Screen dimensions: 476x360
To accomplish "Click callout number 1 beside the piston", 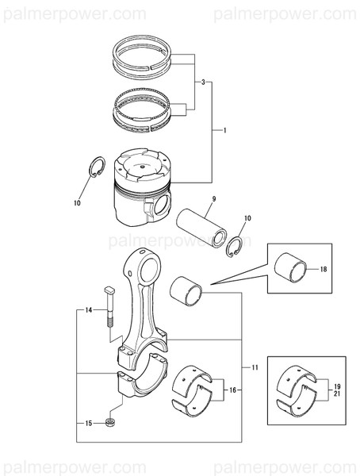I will pos(227,129).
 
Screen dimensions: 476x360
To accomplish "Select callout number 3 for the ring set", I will pos(203,83).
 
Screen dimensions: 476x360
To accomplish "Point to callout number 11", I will pos(255,367).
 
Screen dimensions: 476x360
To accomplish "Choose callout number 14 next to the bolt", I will pos(90,309).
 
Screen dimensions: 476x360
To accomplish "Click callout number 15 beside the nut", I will pos(89,423).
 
